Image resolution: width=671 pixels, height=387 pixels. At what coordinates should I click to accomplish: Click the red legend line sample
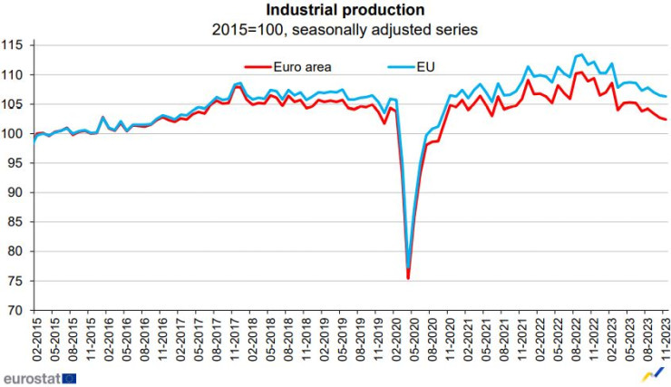(262, 66)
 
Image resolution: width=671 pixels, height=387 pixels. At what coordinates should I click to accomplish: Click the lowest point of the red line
(408, 278)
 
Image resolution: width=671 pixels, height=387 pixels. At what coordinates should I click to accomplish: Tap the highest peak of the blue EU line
(581, 55)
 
